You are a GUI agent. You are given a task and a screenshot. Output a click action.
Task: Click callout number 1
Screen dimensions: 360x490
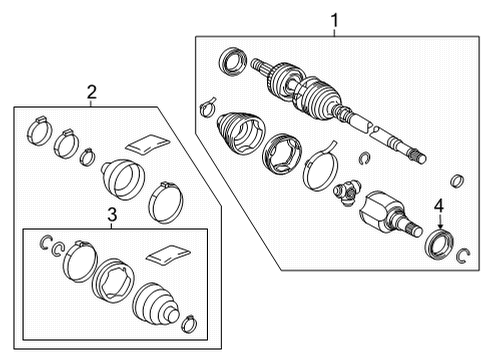point(335,18)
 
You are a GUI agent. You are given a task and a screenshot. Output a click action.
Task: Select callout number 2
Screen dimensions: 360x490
point(92,92)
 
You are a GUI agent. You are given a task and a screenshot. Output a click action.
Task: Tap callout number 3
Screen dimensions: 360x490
point(111,214)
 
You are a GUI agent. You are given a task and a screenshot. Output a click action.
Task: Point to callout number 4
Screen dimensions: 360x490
point(437,207)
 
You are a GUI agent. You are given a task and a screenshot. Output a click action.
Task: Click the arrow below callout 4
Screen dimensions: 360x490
point(437,224)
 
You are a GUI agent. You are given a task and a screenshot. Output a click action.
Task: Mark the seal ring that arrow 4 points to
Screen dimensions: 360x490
point(439,245)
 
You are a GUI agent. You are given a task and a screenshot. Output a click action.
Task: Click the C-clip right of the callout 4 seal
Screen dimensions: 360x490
point(463,256)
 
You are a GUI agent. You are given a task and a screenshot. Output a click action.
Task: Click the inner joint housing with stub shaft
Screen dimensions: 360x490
point(388,215)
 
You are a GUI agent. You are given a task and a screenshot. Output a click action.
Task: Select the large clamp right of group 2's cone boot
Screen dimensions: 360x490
point(164,204)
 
